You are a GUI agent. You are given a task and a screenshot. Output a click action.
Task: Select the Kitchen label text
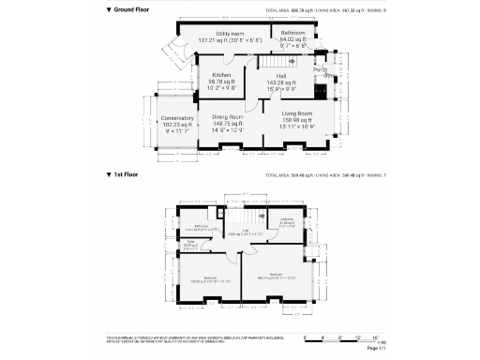tap(222, 75)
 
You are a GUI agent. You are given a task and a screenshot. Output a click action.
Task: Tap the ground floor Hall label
tap(280, 75)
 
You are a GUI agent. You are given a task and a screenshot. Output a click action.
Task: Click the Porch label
tap(320, 69)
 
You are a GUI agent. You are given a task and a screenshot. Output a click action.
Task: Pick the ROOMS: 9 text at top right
tap(372, 9)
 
